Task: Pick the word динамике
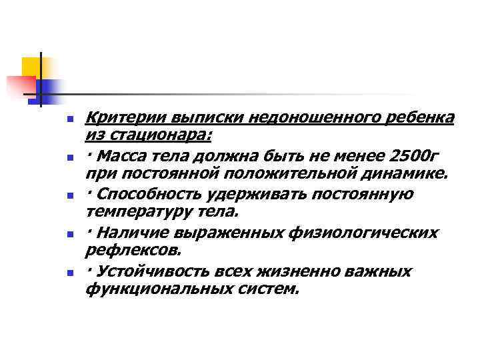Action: pyautogui.click(x=411, y=174)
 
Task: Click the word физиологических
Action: pyautogui.click(x=357, y=233)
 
